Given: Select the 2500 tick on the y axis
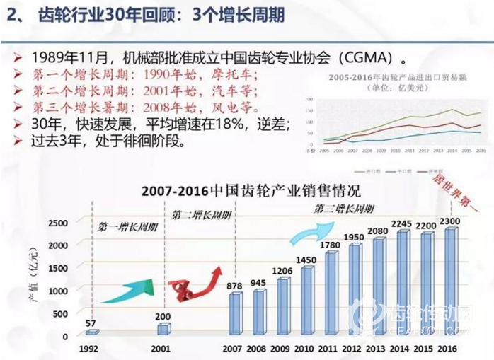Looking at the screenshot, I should click(59, 223).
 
